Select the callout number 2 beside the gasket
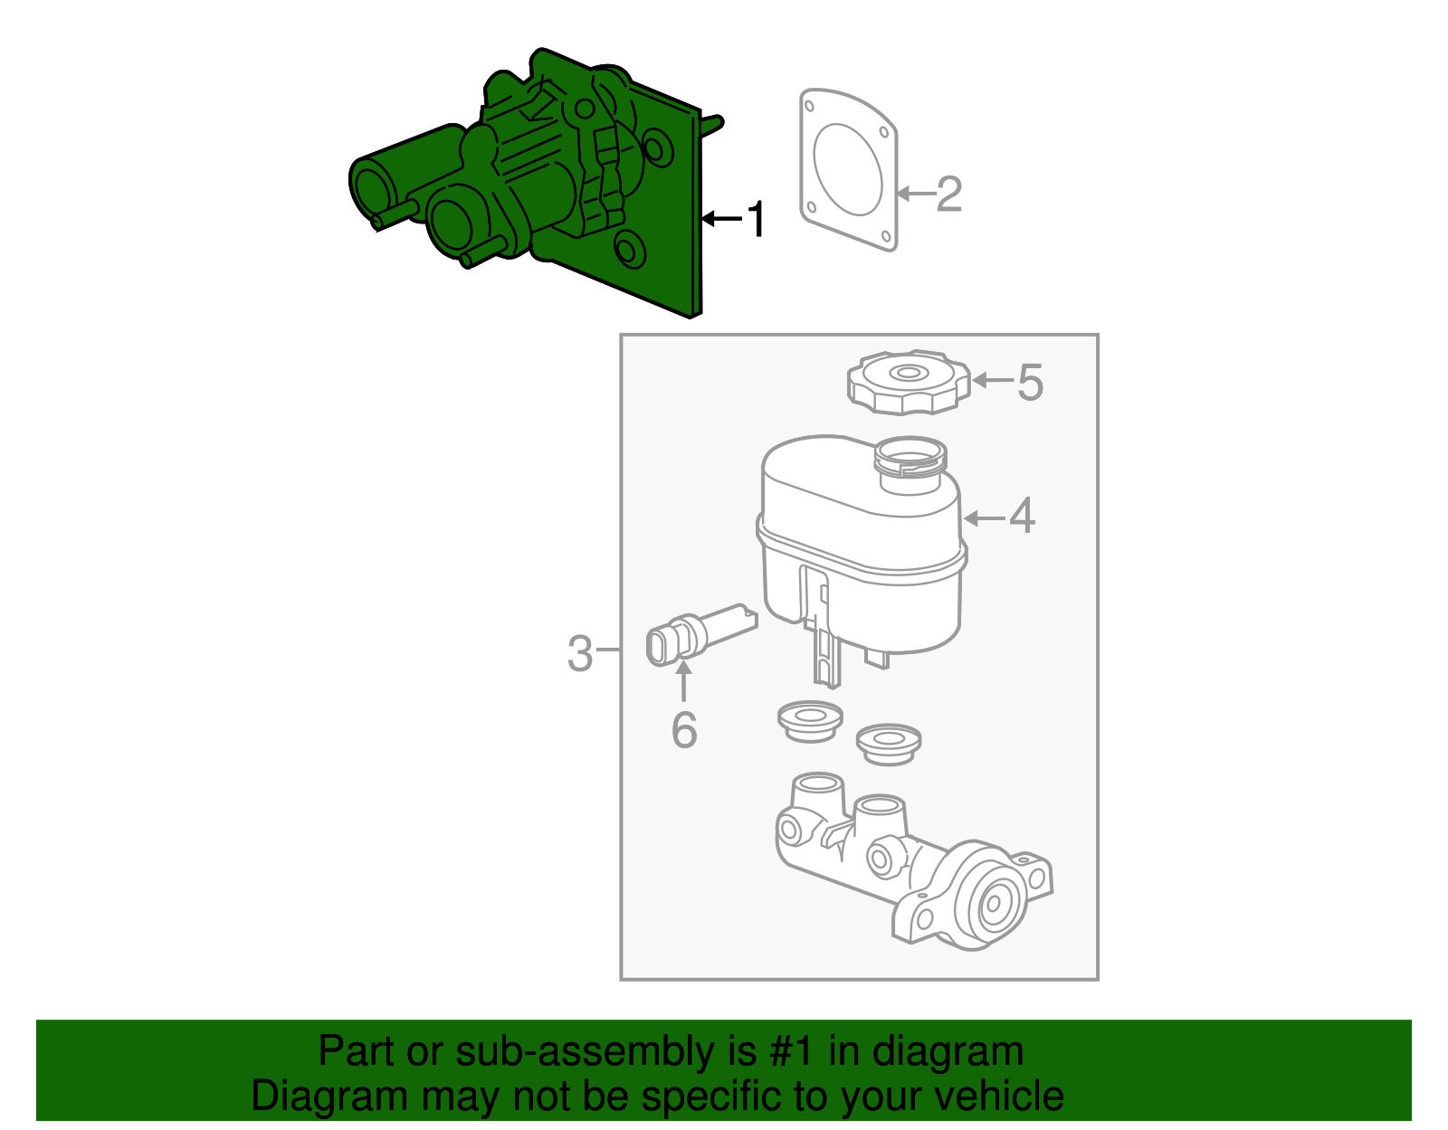[x=949, y=194]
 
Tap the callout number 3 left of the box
[x=579, y=652]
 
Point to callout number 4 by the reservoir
[x=1022, y=517]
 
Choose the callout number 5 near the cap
[x=1030, y=382]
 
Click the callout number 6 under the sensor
[x=684, y=729]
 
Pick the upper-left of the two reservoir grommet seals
[x=810, y=720]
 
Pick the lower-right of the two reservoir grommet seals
[x=889, y=743]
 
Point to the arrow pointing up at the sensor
[x=684, y=679]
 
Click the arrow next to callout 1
[x=721, y=218]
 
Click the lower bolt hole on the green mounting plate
[x=627, y=248]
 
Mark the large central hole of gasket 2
[x=848, y=169]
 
